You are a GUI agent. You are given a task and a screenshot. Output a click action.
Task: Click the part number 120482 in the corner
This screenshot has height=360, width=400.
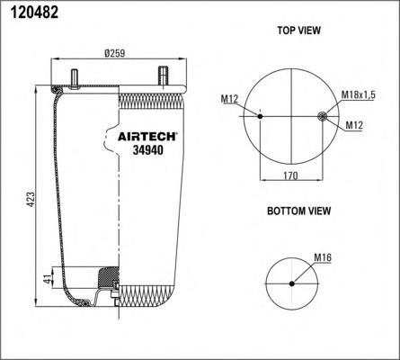tap(34, 13)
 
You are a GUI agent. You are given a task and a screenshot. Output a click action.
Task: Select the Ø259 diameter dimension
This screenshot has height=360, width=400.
tap(115, 53)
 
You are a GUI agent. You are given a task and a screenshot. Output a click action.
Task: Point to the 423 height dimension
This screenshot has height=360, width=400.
tap(31, 199)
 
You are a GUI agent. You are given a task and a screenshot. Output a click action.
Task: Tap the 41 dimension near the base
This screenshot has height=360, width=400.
tap(48, 278)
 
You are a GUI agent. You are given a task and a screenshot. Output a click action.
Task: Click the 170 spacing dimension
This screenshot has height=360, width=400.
tap(290, 175)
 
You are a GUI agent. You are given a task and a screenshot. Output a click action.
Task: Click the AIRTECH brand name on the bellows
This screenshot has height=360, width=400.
tap(147, 137)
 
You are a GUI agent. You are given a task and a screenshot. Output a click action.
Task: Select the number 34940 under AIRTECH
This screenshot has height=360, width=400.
tap(148, 150)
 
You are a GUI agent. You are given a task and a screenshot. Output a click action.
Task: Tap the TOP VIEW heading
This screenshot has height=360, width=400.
tap(298, 31)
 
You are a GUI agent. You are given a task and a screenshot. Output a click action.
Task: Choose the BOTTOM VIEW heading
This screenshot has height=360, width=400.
tap(299, 211)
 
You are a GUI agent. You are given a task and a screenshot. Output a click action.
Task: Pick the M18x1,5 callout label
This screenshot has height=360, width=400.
tap(358, 95)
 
